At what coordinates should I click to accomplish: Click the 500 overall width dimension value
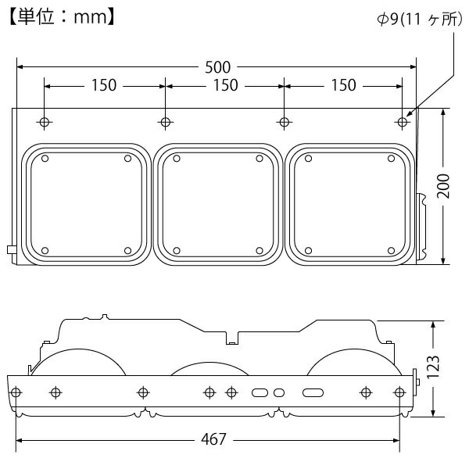(223, 66)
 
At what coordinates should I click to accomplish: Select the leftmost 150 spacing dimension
(104, 85)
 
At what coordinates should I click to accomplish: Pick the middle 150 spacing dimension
(225, 85)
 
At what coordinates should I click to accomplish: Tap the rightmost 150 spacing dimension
(342, 85)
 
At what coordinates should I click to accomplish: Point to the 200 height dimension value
(443, 186)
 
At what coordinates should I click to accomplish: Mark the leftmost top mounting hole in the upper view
(45, 122)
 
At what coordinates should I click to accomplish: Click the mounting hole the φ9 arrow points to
(402, 122)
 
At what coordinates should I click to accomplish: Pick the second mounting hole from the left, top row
(164, 122)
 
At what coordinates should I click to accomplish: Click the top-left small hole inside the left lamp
(45, 159)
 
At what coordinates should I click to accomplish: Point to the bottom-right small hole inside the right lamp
(391, 250)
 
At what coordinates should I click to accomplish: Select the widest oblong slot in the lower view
(313, 391)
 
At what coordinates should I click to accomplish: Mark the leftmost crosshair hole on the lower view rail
(19, 391)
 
